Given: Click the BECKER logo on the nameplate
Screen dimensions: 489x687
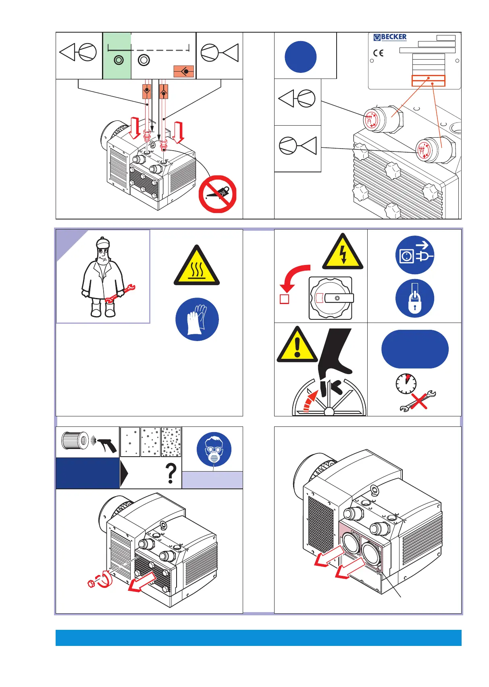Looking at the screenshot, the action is [x=390, y=37].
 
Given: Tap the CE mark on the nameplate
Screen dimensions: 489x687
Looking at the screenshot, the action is [x=378, y=53].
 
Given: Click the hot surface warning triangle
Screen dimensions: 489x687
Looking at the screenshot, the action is [x=197, y=267].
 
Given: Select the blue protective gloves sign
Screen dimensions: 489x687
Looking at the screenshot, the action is [x=197, y=319].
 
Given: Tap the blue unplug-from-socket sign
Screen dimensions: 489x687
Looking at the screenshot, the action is [x=414, y=255].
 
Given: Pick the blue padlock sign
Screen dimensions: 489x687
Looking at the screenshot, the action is [x=414, y=298].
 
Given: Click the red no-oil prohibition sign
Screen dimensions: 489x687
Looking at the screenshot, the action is [x=217, y=194].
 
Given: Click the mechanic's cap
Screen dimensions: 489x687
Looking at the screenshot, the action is [x=103, y=242].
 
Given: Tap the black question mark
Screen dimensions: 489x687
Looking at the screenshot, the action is [x=171, y=474].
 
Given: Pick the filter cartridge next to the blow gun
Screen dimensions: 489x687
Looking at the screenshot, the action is [x=75, y=441].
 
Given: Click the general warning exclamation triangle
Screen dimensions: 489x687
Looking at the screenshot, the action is [x=297, y=346].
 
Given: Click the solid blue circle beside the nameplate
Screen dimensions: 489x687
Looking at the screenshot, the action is [x=300, y=57].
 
